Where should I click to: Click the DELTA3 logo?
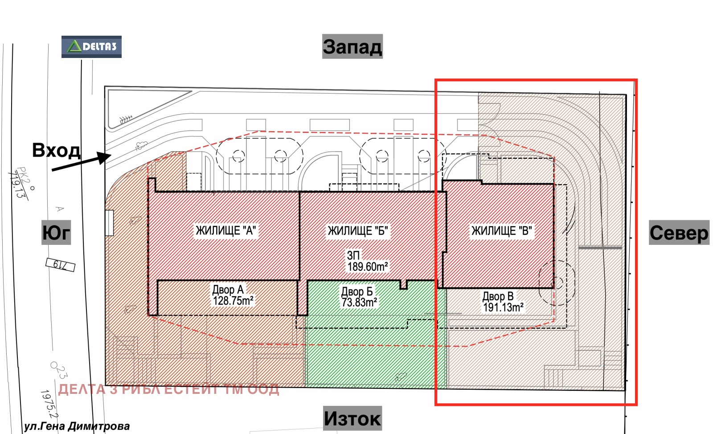coord(91,46)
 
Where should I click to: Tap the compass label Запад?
coord(352,46)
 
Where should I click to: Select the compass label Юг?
coord(56,232)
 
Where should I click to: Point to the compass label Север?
coord(679,233)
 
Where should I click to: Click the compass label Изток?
coord(352,418)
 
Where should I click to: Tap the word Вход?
coord(56,150)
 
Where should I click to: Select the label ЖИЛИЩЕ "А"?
coord(225,231)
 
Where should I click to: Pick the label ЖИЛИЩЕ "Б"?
coord(358,231)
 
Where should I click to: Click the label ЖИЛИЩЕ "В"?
coord(502,231)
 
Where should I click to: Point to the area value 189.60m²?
coord(368,266)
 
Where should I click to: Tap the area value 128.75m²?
coord(233,301)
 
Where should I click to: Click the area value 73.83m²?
coord(359,302)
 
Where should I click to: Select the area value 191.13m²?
coord(503,307)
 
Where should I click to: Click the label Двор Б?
coord(357,291)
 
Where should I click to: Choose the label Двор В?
coord(498,296)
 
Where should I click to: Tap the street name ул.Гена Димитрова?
coord(77,426)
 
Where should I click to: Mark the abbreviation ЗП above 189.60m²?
coord(353,255)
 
